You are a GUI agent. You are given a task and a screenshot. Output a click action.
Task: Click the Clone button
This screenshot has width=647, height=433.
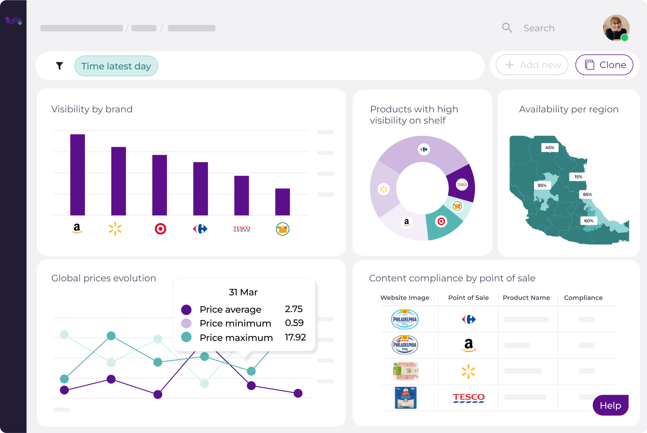tap(604, 65)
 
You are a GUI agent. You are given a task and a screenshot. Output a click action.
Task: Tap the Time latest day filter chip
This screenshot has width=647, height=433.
tap(116, 66)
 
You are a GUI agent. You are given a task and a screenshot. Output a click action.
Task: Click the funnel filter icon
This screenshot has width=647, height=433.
tap(60, 66)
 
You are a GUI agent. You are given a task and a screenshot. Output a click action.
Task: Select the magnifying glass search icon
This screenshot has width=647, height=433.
tap(507, 28)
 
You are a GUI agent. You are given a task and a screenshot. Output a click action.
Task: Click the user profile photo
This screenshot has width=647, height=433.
tap(616, 28)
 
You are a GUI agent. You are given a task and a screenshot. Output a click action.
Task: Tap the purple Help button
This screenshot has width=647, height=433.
tap(610, 405)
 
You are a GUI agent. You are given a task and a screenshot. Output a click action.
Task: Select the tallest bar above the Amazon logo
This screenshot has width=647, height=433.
tap(78, 175)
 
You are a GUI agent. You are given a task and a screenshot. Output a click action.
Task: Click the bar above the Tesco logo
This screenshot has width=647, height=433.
tap(242, 195)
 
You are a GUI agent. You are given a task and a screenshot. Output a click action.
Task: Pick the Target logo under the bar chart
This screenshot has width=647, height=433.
tap(160, 229)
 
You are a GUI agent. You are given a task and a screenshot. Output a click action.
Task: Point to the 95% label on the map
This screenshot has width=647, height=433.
tap(542, 185)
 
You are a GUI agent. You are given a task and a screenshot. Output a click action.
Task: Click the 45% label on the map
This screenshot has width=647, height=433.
tap(550, 147)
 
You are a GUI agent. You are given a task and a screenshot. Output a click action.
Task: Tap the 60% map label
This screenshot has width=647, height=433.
tap(589, 221)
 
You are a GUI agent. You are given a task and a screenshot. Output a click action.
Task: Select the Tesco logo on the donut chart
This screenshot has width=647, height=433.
tap(462, 185)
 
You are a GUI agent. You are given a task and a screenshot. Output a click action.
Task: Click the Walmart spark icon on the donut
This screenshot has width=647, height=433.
tap(383, 189)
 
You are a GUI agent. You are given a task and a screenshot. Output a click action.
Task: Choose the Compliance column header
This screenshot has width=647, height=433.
tap(583, 298)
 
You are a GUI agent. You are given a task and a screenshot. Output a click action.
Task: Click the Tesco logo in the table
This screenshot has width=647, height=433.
tap(468, 398)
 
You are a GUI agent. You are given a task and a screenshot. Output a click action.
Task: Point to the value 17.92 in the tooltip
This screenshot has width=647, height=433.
tap(295, 337)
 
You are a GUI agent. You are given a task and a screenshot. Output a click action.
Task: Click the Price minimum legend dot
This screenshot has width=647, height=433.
tap(186, 323)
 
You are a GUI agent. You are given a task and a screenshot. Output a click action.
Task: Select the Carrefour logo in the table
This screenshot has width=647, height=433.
tap(468, 320)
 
